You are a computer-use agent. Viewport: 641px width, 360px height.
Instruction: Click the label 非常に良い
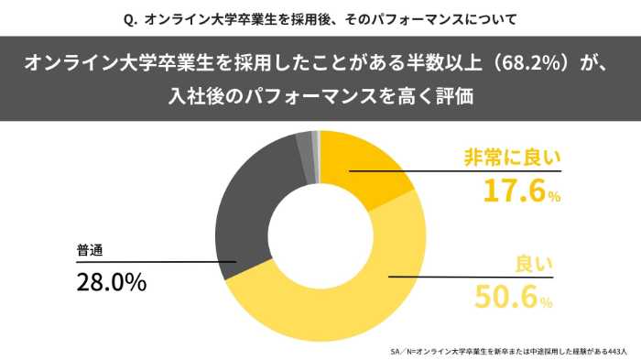(512, 157)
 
